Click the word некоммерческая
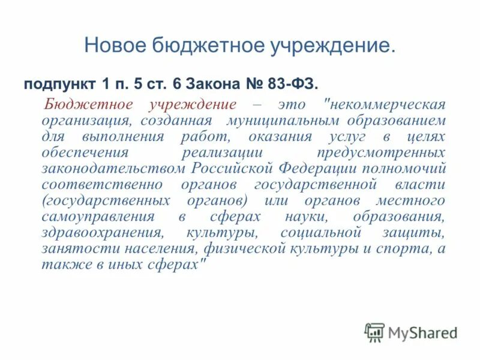tap(387, 104)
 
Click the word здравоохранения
tap(101, 232)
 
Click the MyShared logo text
tap(423, 333)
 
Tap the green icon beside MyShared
tap(374, 332)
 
